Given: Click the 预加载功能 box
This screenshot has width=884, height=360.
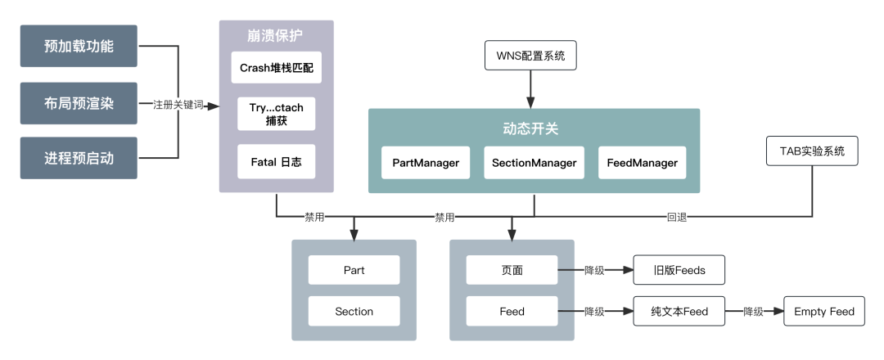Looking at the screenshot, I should coord(79,46).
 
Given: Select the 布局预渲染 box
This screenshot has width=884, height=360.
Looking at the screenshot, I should coord(79,103).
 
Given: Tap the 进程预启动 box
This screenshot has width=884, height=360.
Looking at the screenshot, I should coord(79,158).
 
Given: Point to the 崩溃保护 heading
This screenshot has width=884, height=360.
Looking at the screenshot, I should coord(276,36).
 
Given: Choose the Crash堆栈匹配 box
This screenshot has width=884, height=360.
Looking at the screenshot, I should coord(276,68).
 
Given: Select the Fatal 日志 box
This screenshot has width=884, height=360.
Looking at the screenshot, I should coord(276,162).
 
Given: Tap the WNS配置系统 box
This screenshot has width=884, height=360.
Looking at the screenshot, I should coord(530,56).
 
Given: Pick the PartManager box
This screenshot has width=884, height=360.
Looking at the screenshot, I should coord(426,163).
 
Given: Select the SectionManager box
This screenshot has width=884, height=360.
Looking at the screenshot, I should coord(534,163).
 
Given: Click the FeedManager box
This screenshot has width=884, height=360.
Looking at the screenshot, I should coord(642,163).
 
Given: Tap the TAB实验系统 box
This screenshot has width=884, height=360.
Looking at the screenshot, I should coord(812,151).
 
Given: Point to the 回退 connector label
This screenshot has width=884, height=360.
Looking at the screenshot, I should coord(677,218).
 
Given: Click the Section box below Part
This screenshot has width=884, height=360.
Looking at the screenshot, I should coord(354,311).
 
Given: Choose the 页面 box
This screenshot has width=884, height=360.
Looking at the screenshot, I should coord(512,269).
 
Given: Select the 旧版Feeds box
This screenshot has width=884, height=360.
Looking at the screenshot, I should coord(679,269).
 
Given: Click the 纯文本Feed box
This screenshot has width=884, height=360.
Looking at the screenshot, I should coord(679,311).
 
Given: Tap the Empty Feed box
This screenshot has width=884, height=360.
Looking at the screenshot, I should coord(824,311).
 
